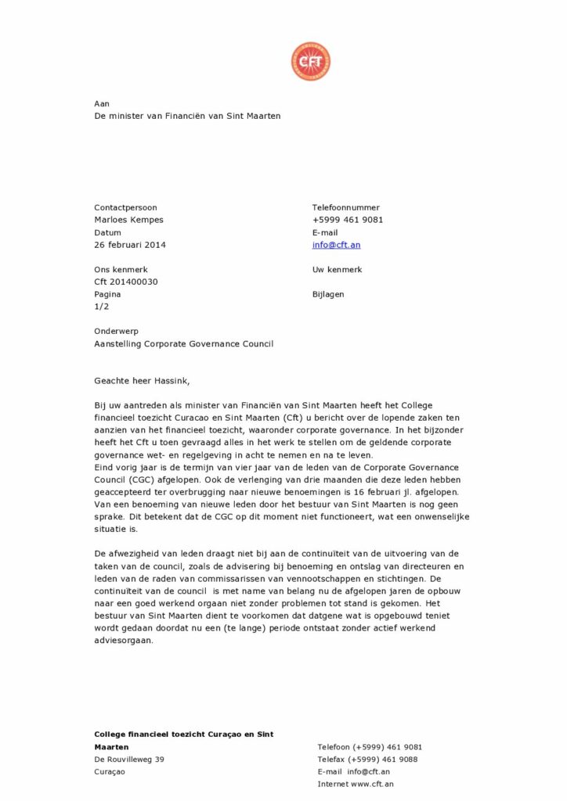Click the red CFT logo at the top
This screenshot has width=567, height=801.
tap(310, 62)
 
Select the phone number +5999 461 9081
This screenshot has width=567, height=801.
tap(347, 220)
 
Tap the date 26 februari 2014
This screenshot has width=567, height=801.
tap(130, 245)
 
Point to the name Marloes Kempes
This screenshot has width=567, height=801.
tap(128, 220)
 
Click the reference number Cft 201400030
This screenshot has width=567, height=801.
tap(125, 282)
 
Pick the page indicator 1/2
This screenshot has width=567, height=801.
tap(101, 307)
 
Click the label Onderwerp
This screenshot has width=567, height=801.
tap(115, 331)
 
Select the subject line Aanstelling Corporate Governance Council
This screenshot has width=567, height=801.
tap(183, 343)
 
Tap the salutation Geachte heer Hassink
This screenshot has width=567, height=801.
tap(142, 381)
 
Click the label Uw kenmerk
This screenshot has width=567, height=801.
tap(337, 270)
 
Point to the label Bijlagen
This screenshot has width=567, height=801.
tap(327, 294)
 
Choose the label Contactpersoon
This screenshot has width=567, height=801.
tap(125, 207)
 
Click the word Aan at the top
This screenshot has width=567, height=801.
tap(102, 103)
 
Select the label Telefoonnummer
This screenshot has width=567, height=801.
tap(345, 207)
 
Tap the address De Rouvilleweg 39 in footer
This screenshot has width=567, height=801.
tap(129, 759)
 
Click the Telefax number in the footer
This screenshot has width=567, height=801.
tap(367, 759)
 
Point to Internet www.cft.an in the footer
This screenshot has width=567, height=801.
tap(356, 783)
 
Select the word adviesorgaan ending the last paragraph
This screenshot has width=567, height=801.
tap(124, 640)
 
